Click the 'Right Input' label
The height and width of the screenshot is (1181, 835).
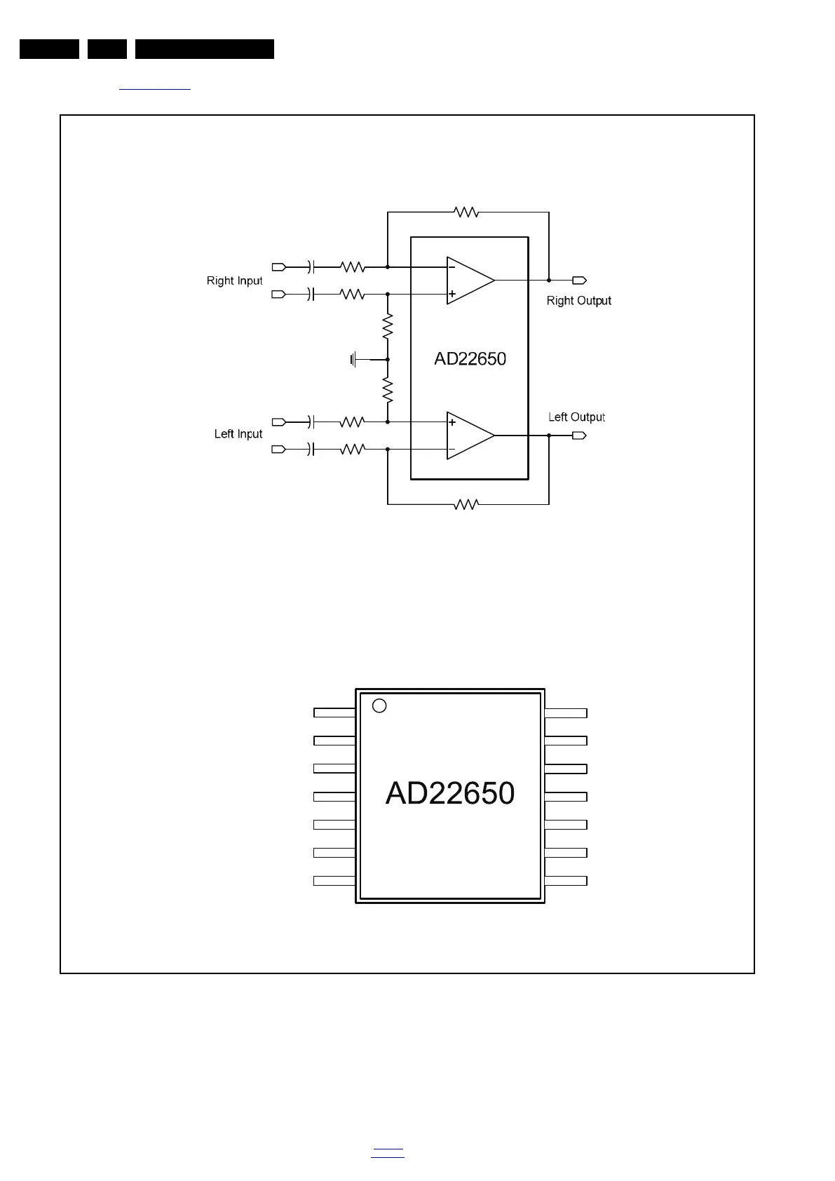click(234, 281)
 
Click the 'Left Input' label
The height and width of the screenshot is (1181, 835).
click(238, 434)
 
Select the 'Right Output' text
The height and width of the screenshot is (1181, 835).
click(578, 301)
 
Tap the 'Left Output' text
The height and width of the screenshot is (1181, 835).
click(576, 417)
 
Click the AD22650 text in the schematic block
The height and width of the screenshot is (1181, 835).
click(470, 359)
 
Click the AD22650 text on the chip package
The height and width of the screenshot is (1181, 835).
click(450, 793)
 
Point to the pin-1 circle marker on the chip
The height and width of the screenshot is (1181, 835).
click(379, 706)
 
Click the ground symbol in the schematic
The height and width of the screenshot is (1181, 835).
click(355, 360)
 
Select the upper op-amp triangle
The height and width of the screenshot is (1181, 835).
click(468, 280)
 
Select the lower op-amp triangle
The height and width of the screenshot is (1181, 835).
click(468, 436)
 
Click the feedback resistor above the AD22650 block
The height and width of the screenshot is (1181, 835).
click(466, 211)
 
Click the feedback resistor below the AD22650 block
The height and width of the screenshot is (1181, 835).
click(466, 504)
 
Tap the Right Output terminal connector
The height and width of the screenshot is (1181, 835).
click(579, 281)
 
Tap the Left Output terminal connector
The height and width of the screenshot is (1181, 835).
click(579, 436)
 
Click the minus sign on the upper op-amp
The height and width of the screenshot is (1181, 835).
click(452, 266)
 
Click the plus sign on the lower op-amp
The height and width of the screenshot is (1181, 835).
click(452, 422)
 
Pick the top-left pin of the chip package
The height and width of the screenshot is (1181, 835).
click(334, 713)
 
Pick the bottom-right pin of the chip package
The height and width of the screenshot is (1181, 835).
click(566, 881)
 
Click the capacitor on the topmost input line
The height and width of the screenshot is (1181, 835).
click(311, 266)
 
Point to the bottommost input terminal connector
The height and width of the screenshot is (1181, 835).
click(278, 449)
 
